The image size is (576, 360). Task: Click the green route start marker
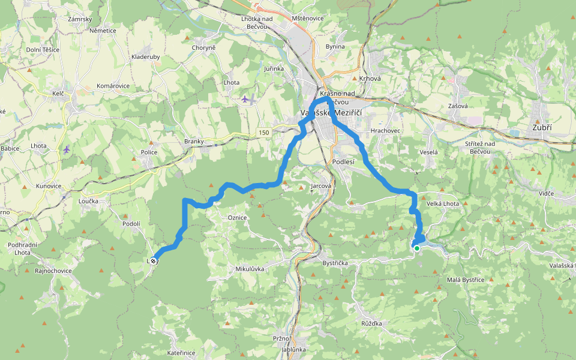[x=416, y=248]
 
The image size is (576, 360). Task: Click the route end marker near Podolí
[x=154, y=260]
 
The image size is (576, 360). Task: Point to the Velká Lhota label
[x=442, y=204]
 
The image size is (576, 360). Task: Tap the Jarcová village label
[x=321, y=187]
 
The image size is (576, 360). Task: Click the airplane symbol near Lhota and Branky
[x=245, y=98]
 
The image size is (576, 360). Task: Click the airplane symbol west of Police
[x=66, y=149]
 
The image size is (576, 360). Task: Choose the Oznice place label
[x=237, y=217]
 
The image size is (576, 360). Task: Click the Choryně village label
[x=203, y=47]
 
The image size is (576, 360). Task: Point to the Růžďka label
[x=371, y=323]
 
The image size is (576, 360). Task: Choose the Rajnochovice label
[x=53, y=271]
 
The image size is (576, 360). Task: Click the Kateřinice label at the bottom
[x=181, y=353]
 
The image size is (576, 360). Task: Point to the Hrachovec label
[x=385, y=130]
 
